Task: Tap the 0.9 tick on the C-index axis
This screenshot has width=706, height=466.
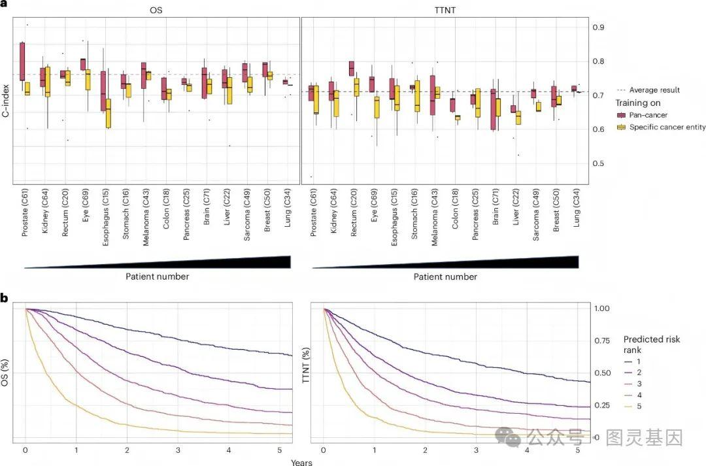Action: [x=599, y=27]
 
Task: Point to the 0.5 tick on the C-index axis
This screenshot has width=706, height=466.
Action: [x=599, y=163]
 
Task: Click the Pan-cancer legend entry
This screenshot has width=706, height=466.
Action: [x=658, y=115]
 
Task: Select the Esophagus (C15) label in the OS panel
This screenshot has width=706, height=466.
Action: [x=105, y=214]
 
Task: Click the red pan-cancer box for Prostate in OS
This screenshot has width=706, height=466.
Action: [x=22, y=61]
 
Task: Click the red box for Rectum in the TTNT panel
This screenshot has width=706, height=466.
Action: [x=352, y=68]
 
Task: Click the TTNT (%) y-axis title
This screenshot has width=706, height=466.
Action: [x=305, y=372]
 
